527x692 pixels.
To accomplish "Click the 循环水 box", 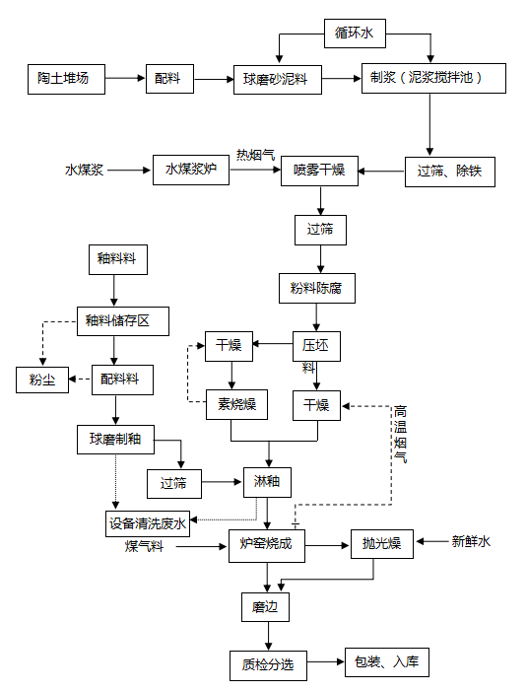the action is (x=355, y=34).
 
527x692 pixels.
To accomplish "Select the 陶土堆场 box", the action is (x=66, y=79).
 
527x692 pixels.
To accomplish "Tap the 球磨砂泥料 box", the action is (x=278, y=80).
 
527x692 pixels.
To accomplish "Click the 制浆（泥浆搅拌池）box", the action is (x=433, y=78).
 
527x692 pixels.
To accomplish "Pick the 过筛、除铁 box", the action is (x=450, y=172).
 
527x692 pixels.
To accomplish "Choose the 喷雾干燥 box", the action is (x=319, y=171).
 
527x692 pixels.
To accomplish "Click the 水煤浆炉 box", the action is (x=191, y=170).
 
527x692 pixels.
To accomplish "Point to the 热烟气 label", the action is (x=255, y=155).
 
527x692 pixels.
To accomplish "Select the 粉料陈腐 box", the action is (x=316, y=288).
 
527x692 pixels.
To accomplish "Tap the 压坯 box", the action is (x=316, y=346).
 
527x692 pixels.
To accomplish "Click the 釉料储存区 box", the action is (x=122, y=321).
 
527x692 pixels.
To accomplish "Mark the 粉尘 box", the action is (x=42, y=380).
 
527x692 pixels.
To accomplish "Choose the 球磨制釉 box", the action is (x=115, y=440).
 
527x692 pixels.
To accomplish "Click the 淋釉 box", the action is (x=267, y=482).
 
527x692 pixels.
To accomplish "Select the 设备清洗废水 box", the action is (x=148, y=523).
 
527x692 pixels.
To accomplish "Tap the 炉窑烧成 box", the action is (x=266, y=545).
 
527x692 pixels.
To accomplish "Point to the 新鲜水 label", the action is (x=471, y=541).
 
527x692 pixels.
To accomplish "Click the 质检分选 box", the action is (x=268, y=665).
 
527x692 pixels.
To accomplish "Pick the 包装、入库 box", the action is (x=387, y=662).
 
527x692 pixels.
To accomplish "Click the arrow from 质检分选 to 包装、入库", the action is (x=326, y=661).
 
